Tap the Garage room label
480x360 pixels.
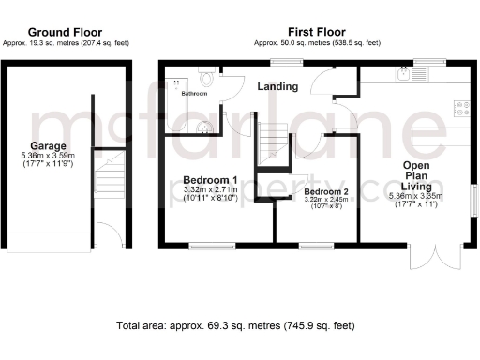coord(47,146)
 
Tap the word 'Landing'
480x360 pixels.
coord(278,87)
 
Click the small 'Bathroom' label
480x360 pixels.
coord(195,94)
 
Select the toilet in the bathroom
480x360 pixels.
coord(206,80)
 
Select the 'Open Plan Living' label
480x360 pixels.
coord(416,175)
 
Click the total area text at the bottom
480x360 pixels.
coord(236,326)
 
